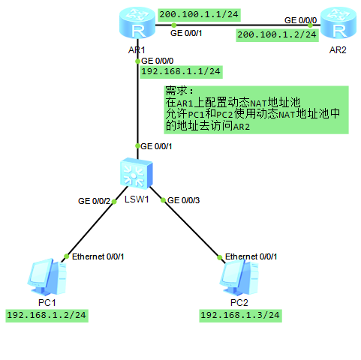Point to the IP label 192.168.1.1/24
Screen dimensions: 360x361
click(x=180, y=72)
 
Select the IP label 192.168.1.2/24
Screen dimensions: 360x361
click(x=47, y=315)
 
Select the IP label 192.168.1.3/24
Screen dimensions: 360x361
click(x=240, y=315)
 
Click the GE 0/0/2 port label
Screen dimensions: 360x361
click(x=94, y=201)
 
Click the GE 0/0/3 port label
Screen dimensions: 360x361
click(x=184, y=201)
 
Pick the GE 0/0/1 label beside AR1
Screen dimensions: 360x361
click(x=187, y=33)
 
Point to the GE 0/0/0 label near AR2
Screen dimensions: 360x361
click(x=300, y=20)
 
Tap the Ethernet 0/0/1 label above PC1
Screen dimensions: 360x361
click(x=98, y=256)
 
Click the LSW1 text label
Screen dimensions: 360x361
click(x=137, y=199)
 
